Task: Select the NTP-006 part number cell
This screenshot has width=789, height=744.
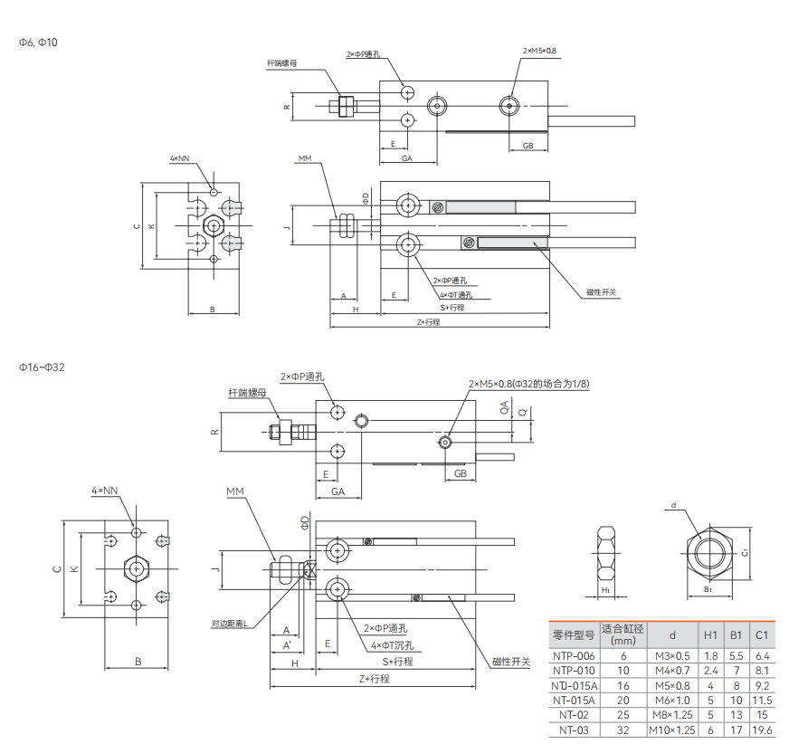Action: [574, 655]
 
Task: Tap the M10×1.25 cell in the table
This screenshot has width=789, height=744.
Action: [671, 730]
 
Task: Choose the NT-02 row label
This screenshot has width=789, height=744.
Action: [574, 715]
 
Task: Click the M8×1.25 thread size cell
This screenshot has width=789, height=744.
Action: [671, 715]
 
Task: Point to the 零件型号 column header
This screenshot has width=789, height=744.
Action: [574, 635]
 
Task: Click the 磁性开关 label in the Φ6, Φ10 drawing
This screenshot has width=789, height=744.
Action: [601, 292]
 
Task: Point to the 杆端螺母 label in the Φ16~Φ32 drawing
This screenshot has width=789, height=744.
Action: [247, 393]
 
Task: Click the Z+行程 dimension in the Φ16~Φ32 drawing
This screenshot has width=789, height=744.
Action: [374, 678]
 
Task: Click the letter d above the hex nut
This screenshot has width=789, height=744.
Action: [673, 505]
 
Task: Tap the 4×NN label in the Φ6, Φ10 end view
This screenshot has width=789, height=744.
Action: [179, 157]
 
